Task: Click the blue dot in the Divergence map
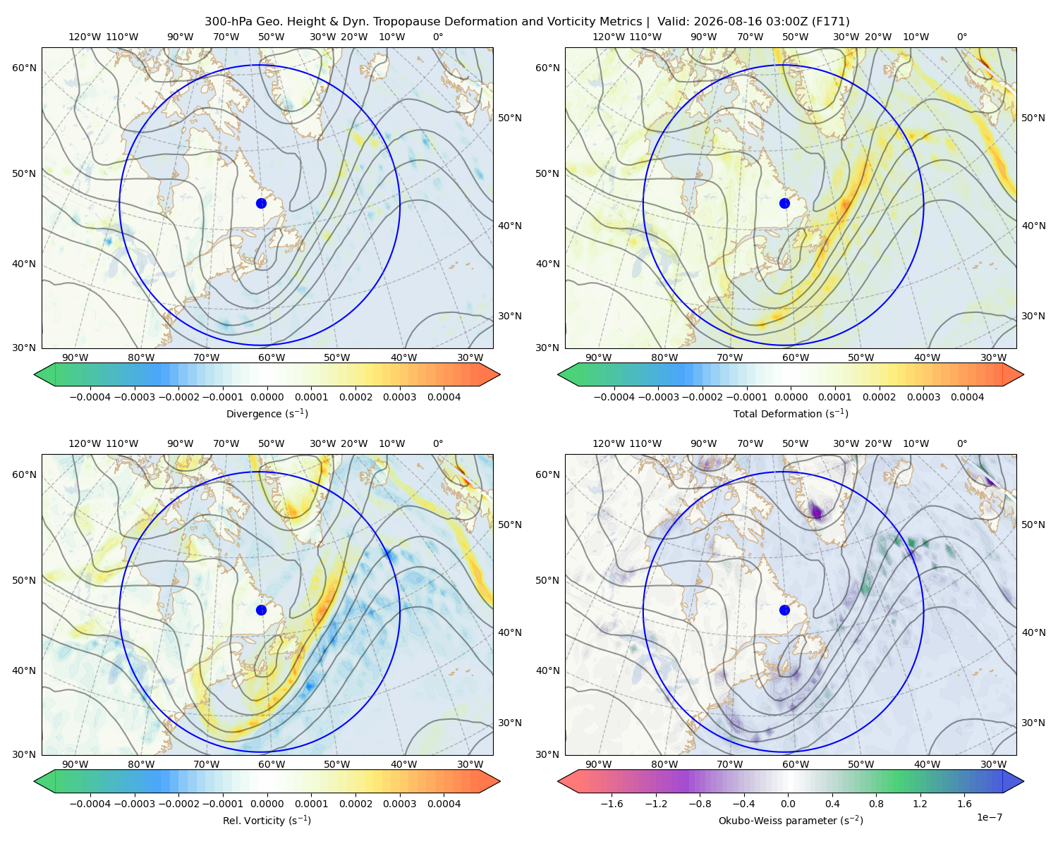coord(261,203)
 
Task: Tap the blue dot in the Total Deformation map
coord(784,203)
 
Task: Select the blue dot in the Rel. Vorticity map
coord(261,610)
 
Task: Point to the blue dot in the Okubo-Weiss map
coord(784,610)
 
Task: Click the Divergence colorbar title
coord(267,413)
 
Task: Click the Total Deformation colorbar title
coord(791,413)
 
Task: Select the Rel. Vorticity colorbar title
coord(267,820)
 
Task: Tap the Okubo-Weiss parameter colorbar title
coord(791,820)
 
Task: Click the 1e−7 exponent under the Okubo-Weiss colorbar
coord(989,817)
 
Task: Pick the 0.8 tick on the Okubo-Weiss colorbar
coord(876,803)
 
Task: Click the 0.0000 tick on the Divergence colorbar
coord(267,397)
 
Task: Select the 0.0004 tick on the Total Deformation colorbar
coord(967,397)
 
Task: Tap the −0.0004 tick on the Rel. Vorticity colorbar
coord(90,803)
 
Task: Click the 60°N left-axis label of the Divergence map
coord(24,68)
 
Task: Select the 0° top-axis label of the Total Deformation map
coord(961,37)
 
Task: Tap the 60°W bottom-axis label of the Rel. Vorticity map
coord(272,764)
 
